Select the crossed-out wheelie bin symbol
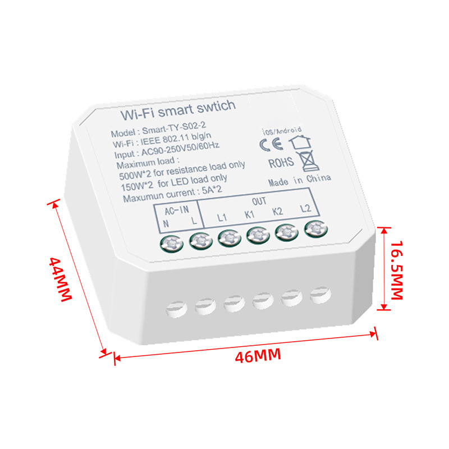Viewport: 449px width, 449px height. tap(307, 161)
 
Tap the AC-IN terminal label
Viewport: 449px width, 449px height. tap(177, 211)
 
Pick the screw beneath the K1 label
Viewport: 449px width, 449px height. tap(256, 235)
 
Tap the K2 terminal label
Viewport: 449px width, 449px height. tap(277, 212)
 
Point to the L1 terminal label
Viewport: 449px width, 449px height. tap(222, 216)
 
